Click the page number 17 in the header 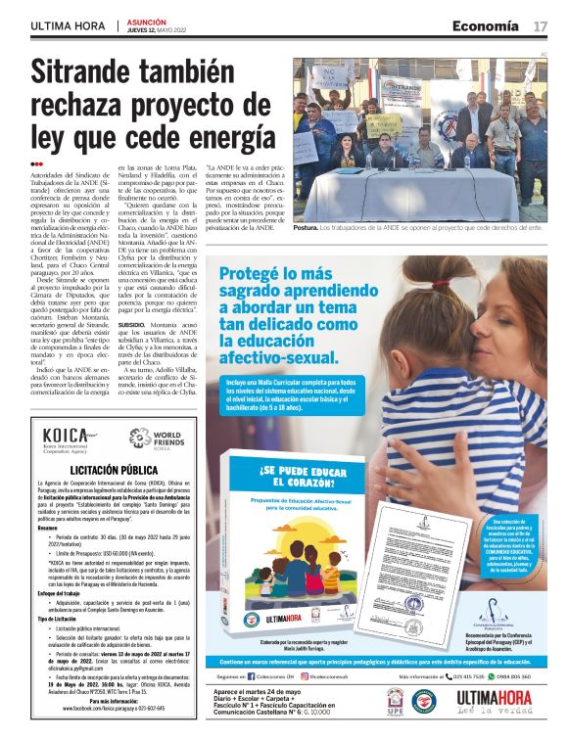click(540, 25)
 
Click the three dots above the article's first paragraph click(36, 164)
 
